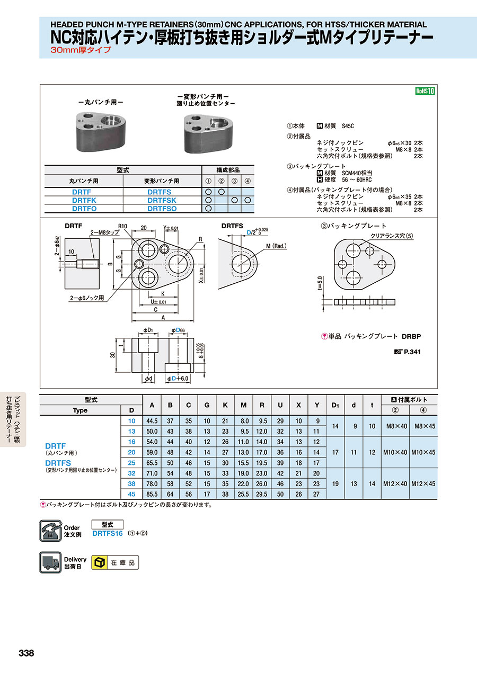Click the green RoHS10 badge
coord(425,91)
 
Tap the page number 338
coord(26,653)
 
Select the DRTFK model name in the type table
coord(84,200)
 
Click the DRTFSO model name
coord(162,209)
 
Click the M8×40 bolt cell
coord(396,426)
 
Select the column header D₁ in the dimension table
coord(335,405)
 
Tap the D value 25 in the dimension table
coord(132,463)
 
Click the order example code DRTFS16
coord(108,533)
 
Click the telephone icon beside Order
coord(50,531)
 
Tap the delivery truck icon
coord(50,562)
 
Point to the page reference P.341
coord(412,352)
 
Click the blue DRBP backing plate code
coord(411,336)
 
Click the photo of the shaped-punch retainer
coord(206,132)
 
